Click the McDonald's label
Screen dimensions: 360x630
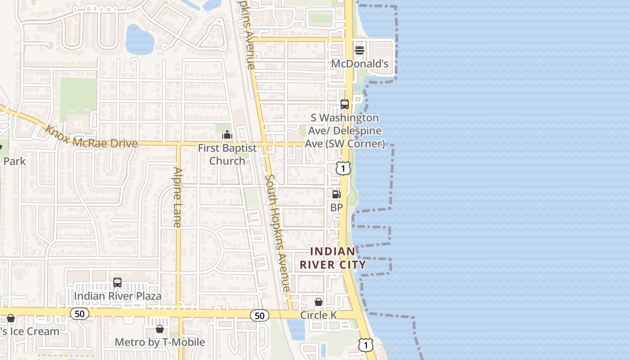(x=360, y=64)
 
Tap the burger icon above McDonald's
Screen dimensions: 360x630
(x=360, y=50)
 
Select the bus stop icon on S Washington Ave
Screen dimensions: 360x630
(x=345, y=104)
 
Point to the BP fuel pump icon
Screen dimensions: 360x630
(x=336, y=194)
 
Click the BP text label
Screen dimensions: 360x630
(x=337, y=207)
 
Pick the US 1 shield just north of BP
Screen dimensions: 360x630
(x=343, y=168)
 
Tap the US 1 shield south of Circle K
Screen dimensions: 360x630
(x=366, y=345)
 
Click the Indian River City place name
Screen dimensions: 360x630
(x=333, y=258)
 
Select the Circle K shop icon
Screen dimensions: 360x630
(x=319, y=301)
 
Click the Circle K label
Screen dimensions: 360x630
(x=319, y=315)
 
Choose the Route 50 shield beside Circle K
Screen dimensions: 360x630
(x=260, y=315)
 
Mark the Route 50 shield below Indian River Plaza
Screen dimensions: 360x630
(x=80, y=314)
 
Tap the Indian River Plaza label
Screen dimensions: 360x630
(x=117, y=296)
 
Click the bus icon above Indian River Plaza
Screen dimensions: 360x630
(x=117, y=283)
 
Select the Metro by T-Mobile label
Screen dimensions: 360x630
(x=160, y=342)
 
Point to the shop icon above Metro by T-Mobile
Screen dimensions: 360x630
(x=159, y=329)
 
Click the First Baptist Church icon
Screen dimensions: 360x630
(x=227, y=135)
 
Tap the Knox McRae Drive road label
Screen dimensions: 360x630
(x=91, y=137)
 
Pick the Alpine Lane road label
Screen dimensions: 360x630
(x=178, y=197)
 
